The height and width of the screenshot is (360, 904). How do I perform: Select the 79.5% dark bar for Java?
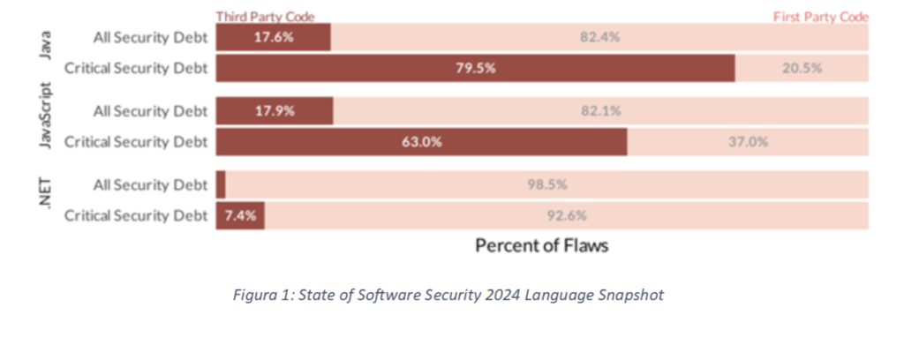tap(475, 68)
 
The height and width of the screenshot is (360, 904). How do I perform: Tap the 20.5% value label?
tap(802, 68)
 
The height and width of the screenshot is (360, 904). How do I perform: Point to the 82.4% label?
tap(599, 38)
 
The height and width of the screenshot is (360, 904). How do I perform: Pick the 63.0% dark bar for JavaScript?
tap(421, 141)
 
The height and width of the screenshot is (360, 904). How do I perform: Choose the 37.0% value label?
tap(748, 141)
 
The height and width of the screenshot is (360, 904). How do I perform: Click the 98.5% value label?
tap(546, 184)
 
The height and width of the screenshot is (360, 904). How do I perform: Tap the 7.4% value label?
tap(238, 214)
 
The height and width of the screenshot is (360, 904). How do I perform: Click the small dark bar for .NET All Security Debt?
tap(221, 184)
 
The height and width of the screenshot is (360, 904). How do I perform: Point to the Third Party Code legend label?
tap(265, 16)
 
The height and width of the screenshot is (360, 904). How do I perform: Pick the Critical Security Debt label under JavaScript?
tap(136, 141)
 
